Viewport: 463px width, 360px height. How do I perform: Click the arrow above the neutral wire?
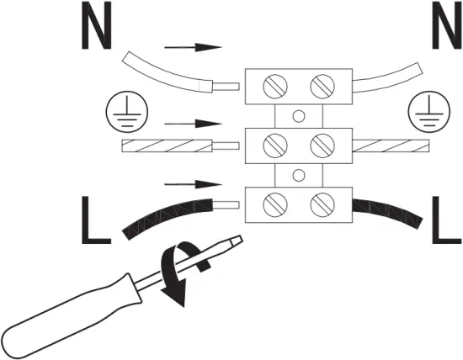tap(193, 48)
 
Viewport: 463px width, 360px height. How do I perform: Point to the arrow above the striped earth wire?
tap(193, 123)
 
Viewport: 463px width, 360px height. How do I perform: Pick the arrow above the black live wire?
tap(193, 183)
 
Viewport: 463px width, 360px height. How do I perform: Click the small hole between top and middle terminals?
tap(296, 116)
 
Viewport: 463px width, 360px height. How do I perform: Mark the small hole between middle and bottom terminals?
tap(296, 175)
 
